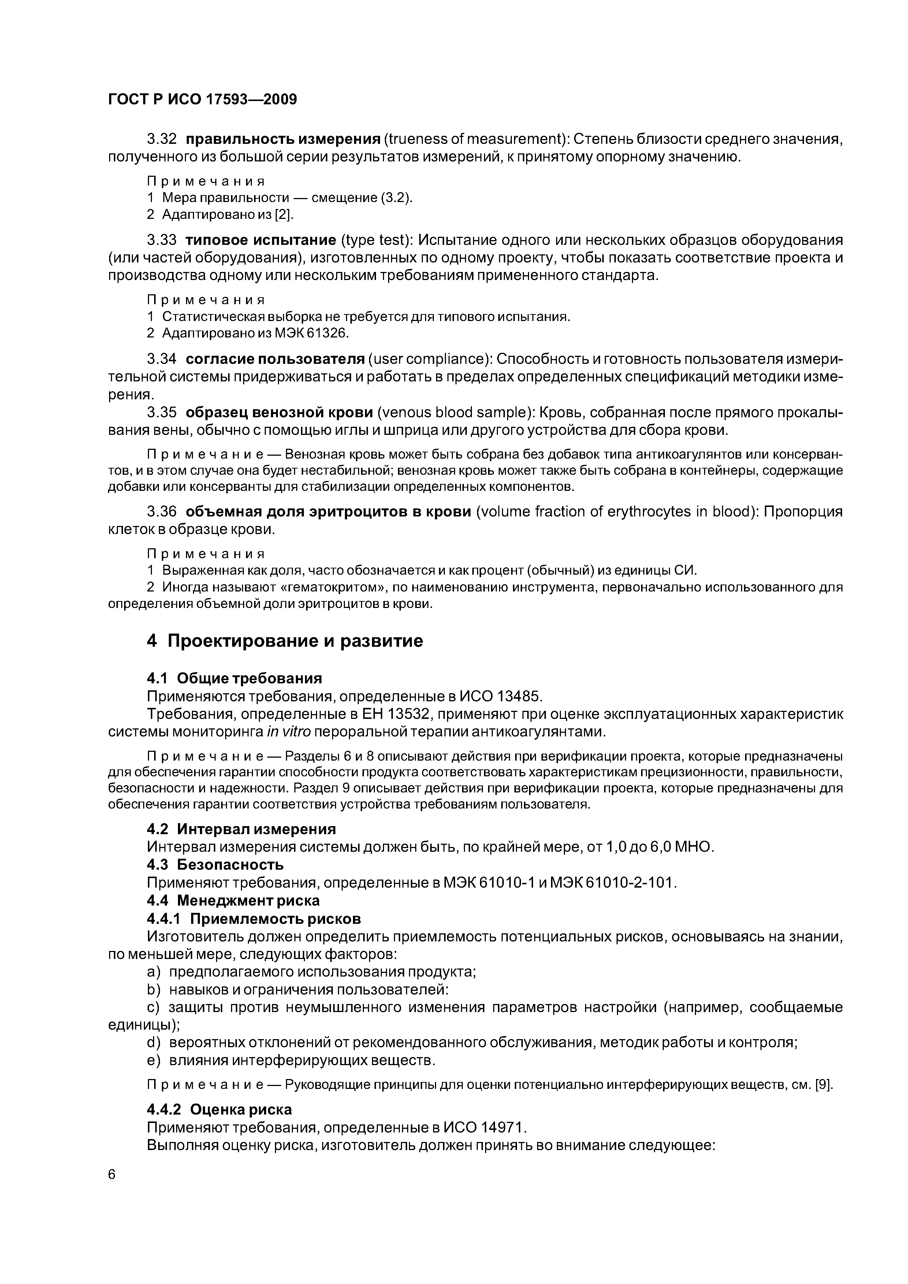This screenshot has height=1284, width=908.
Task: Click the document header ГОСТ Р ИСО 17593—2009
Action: [x=202, y=100]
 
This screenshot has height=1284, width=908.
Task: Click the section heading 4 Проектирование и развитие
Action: [x=285, y=641]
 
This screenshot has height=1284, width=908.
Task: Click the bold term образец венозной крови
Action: [x=279, y=413]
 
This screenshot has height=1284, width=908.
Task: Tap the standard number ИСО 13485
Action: [x=501, y=696]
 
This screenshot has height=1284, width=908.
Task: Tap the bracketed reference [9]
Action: [x=823, y=1086]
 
